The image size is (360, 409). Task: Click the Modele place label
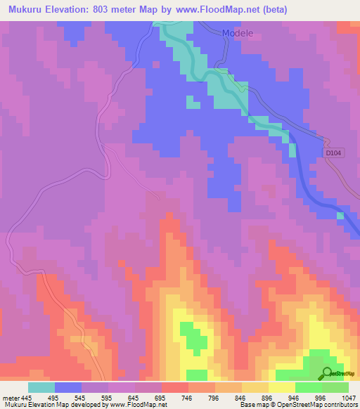[236, 34]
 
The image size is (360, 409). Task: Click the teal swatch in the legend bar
[41, 387]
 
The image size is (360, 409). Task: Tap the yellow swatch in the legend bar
[282, 387]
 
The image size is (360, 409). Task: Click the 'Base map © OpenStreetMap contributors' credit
[298, 405]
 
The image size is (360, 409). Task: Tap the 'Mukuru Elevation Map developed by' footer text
[56, 405]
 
